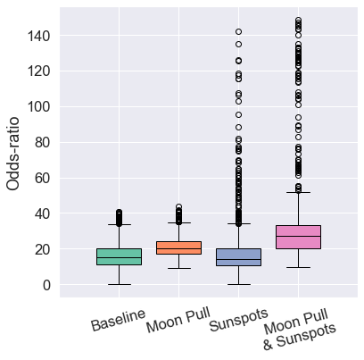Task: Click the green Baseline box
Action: pyautogui.click(x=120, y=256)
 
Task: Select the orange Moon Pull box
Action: pyautogui.click(x=178, y=247)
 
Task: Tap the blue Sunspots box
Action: pyautogui.click(x=238, y=256)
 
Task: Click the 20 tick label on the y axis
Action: pyautogui.click(x=40, y=249)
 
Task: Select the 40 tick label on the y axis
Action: pyautogui.click(x=40, y=213)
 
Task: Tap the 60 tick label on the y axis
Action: pyautogui.click(x=40, y=178)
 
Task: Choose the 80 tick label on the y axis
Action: pyautogui.click(x=40, y=142)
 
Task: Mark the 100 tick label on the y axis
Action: pyautogui.click(x=37, y=106)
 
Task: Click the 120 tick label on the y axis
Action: pyautogui.click(x=37, y=71)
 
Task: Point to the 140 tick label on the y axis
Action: pyautogui.click(x=37, y=35)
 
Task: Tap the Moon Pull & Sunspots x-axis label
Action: pyautogui.click(x=300, y=329)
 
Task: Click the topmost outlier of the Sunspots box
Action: pyautogui.click(x=238, y=32)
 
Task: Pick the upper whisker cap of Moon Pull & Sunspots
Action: pyautogui.click(x=298, y=192)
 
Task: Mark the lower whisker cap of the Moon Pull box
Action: pyautogui.click(x=178, y=268)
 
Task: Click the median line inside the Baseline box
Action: pyautogui.click(x=120, y=258)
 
